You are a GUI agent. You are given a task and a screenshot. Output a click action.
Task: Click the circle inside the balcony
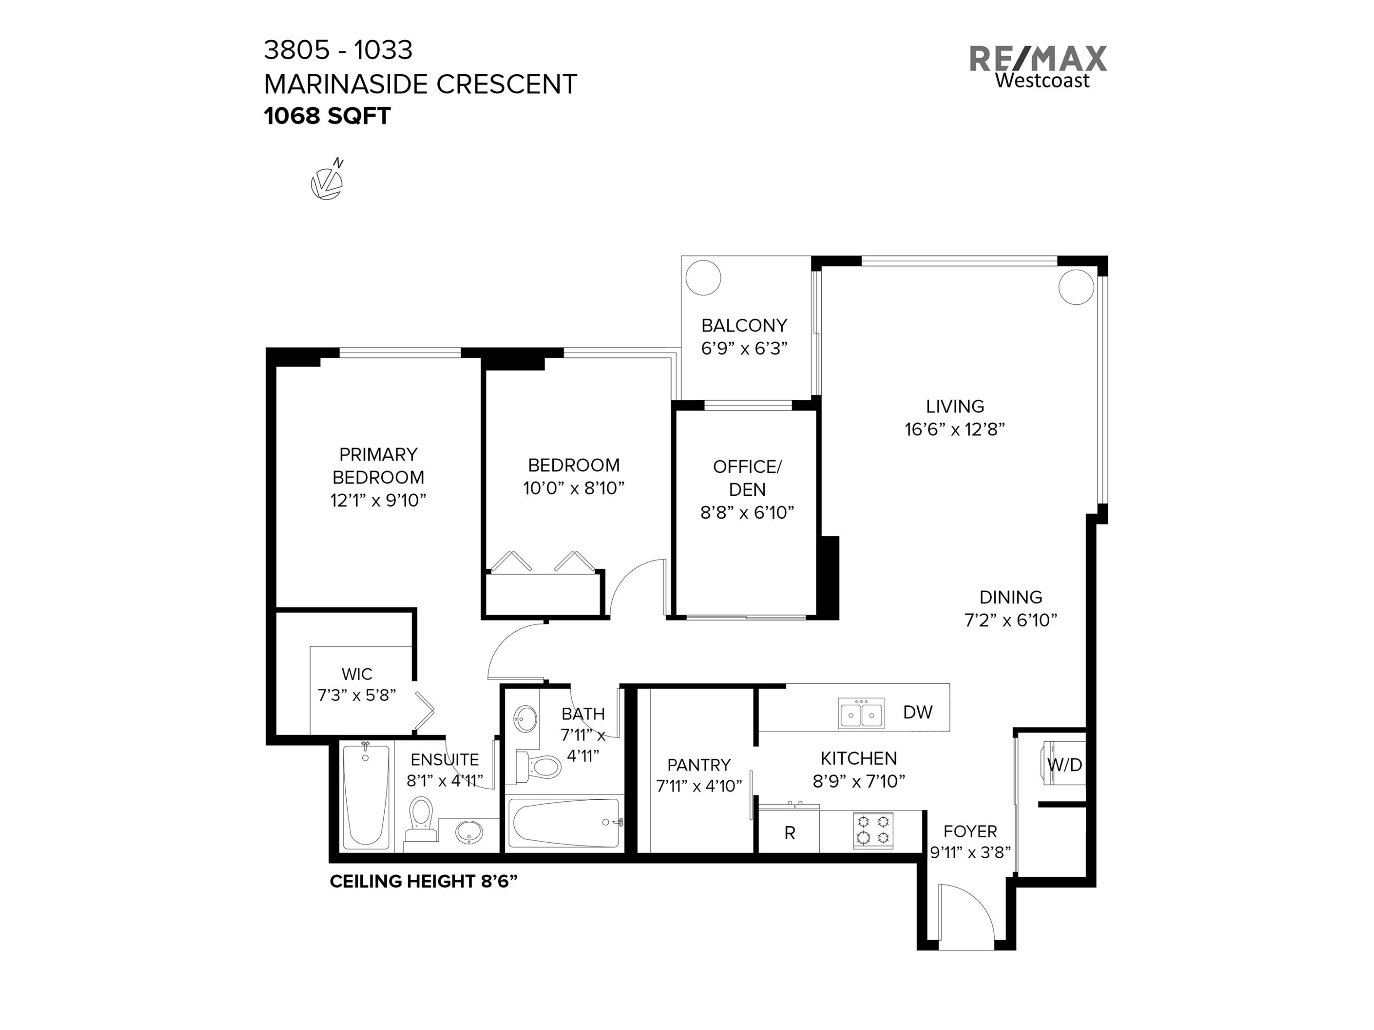[x=703, y=277]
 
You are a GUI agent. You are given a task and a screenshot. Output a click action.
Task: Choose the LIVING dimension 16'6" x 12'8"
[x=955, y=429]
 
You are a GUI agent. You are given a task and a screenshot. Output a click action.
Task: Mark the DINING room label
[x=1011, y=597]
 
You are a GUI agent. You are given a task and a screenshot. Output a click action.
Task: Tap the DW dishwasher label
[x=917, y=712]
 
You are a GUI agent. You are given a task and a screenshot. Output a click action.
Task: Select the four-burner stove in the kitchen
[x=873, y=830]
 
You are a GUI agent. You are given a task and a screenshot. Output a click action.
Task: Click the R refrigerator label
[x=790, y=833]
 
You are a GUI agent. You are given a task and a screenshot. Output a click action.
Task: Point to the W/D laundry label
[x=1065, y=765]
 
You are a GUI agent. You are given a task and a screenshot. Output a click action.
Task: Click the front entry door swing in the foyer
[x=966, y=916]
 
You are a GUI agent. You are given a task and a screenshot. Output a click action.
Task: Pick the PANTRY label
[x=699, y=765]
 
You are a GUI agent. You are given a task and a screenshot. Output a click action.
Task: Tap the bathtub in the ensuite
[x=366, y=797]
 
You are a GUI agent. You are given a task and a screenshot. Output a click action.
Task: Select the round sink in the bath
[x=527, y=720]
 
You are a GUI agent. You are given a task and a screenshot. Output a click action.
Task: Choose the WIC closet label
[x=356, y=674]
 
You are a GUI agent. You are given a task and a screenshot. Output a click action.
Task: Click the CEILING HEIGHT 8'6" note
[x=423, y=882]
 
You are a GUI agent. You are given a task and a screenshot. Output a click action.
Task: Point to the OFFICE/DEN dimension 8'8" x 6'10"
[x=747, y=512]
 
